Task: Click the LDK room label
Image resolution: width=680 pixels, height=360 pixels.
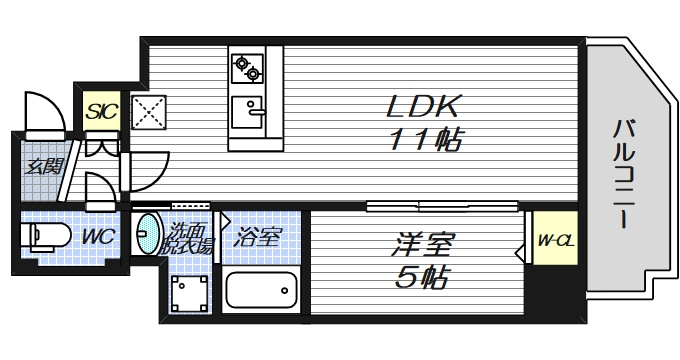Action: point(424,104)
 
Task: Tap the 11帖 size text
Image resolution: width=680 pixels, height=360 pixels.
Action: point(424,140)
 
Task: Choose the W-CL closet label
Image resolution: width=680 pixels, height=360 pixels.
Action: point(554,240)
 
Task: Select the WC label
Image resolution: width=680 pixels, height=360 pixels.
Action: point(97,238)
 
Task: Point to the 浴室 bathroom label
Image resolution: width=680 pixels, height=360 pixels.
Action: point(257,238)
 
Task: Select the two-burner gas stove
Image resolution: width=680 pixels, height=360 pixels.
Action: point(246,69)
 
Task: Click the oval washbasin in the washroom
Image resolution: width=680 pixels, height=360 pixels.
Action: point(147,235)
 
